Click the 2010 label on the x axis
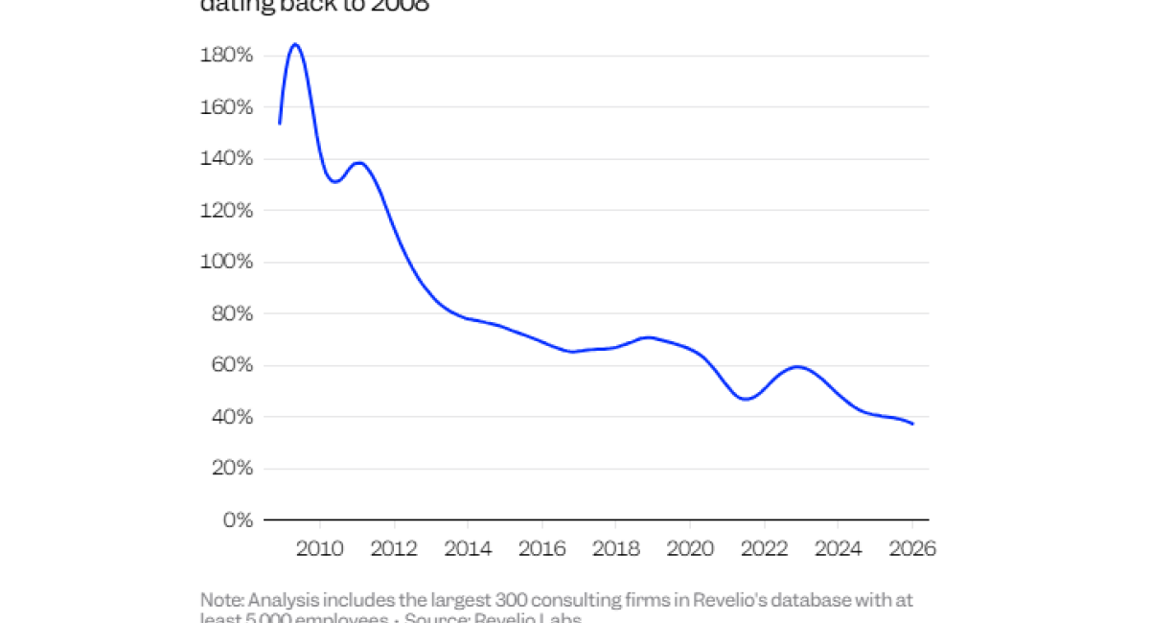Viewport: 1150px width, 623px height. (x=319, y=549)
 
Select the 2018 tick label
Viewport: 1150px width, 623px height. (x=615, y=549)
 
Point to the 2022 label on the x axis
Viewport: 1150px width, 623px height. (x=764, y=549)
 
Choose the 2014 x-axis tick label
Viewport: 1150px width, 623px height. (x=468, y=549)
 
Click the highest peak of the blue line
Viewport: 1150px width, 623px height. (x=295, y=45)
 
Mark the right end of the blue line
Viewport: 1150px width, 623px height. (x=912, y=424)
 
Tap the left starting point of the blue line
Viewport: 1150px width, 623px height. (x=279, y=124)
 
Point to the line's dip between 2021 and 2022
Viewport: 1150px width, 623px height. (x=746, y=399)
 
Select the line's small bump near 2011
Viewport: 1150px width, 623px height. (x=359, y=163)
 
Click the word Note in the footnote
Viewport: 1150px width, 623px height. (x=221, y=600)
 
